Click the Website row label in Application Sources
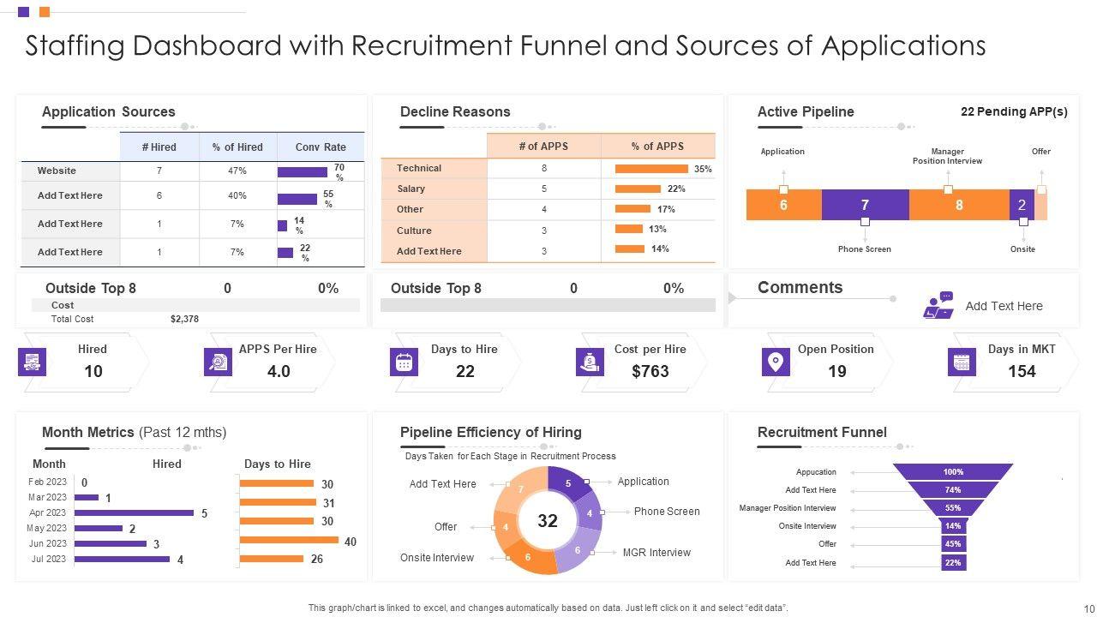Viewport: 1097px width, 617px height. tap(57, 171)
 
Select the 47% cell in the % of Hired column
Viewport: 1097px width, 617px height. tap(237, 171)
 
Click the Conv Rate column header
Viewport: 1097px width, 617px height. tap(321, 147)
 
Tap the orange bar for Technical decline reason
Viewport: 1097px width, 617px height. tap(651, 169)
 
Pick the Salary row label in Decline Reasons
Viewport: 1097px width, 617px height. tap(411, 189)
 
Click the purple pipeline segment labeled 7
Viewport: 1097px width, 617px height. tap(865, 205)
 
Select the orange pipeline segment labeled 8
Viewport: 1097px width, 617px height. tap(958, 205)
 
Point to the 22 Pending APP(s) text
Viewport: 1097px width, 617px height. tap(1014, 111)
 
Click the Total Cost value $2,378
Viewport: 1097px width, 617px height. tap(184, 319)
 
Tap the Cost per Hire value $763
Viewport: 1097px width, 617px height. tap(650, 371)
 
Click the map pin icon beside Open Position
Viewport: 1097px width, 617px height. tap(776, 362)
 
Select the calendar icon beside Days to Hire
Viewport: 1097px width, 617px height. tap(404, 362)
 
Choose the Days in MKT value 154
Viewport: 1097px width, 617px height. tap(1022, 371)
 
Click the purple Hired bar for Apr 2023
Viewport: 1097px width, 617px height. tap(135, 512)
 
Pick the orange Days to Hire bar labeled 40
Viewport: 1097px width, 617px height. tap(289, 540)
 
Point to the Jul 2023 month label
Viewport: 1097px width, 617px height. tap(48, 559)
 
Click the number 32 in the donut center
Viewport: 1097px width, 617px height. tap(548, 521)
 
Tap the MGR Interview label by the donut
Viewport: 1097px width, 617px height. tap(656, 553)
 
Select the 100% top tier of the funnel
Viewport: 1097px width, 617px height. tap(953, 472)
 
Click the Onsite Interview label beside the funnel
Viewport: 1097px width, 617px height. tap(807, 526)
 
